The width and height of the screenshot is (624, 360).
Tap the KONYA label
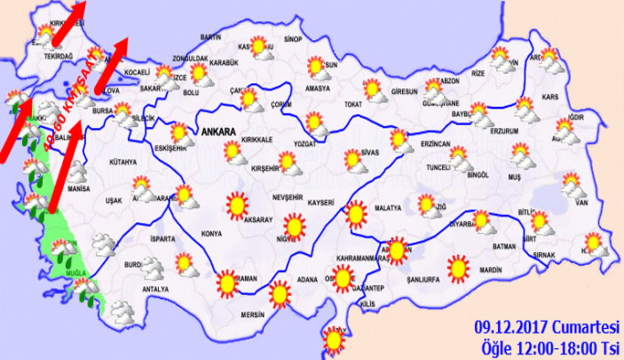210,234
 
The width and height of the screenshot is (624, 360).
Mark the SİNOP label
292,39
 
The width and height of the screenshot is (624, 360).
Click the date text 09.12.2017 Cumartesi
546,328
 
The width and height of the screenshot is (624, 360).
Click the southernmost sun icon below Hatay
333,341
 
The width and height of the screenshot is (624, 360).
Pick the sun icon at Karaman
225,282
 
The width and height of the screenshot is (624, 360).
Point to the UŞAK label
113,199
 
